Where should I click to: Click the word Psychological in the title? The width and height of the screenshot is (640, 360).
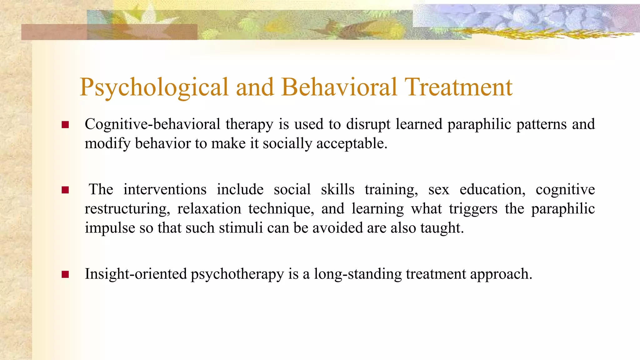click(x=154, y=87)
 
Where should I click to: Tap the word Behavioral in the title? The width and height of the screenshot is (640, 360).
click(x=339, y=87)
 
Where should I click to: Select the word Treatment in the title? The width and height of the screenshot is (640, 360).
click(x=458, y=87)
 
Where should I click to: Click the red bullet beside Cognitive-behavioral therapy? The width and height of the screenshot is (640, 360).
click(x=65, y=125)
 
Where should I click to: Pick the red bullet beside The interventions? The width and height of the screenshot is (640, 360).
click(x=65, y=190)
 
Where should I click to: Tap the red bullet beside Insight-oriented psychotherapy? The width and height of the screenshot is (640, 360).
click(x=65, y=274)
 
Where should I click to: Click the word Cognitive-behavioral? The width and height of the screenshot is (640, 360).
click(x=152, y=124)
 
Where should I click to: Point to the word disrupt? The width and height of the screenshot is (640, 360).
click(x=368, y=124)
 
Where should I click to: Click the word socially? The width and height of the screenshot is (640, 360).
click(x=287, y=144)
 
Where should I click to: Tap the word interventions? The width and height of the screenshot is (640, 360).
click(x=165, y=189)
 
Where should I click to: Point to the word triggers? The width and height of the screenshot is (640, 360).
click(x=473, y=209)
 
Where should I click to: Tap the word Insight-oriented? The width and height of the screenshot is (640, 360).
click(x=136, y=274)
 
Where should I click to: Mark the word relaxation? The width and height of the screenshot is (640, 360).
click(x=209, y=209)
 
